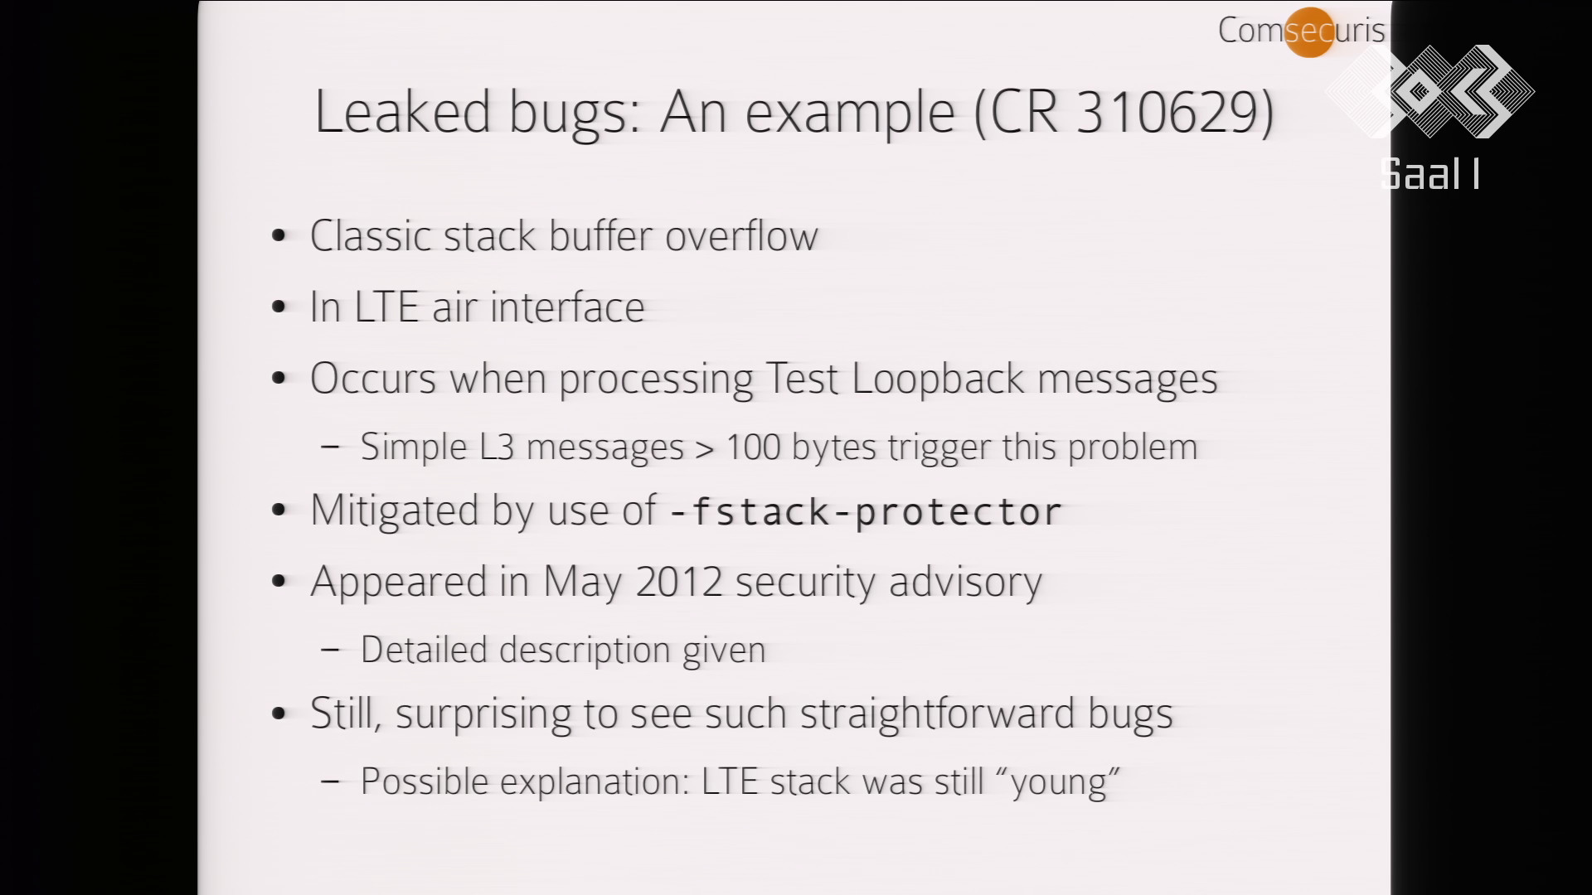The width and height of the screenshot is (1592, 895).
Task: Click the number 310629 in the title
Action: (x=1170, y=112)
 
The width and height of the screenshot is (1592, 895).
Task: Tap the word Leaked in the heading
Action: (x=402, y=112)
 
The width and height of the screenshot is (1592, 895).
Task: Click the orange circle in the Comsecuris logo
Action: (x=1309, y=32)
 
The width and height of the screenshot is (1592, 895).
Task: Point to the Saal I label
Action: (x=1429, y=175)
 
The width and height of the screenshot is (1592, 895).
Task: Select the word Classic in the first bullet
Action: (x=371, y=235)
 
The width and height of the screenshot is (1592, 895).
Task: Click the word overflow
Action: (x=741, y=235)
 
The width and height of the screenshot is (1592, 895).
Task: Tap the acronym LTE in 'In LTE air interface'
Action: (x=386, y=307)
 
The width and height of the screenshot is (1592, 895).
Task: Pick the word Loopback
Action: (x=938, y=379)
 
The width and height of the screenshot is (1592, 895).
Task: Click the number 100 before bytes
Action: (x=753, y=447)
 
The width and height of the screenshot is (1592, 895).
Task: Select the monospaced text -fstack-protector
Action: (x=865, y=511)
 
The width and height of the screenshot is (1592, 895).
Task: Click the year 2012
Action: (x=679, y=582)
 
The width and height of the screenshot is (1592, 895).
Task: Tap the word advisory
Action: (x=965, y=583)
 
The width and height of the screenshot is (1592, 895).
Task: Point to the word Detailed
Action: (x=424, y=650)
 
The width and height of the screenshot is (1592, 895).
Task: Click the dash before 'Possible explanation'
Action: (x=330, y=782)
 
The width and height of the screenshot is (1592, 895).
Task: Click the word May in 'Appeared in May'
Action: (x=582, y=583)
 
